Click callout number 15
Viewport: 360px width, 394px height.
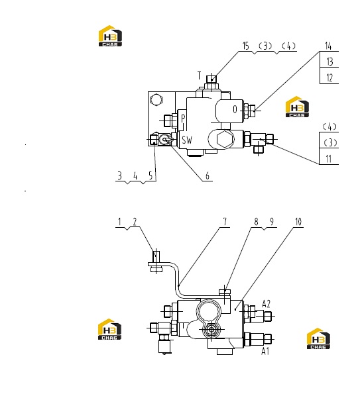pos(245,46)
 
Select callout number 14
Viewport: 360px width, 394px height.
pos(328,46)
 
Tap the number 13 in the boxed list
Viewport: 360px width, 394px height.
pos(330,62)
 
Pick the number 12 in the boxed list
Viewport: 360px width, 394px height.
pos(330,78)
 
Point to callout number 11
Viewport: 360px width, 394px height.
pos(329,159)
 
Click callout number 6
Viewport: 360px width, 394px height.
pos(208,175)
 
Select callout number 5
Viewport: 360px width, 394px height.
pos(150,175)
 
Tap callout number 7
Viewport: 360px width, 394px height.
pos(225,222)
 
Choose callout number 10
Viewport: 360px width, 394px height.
pos(298,222)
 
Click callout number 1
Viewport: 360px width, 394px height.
pos(120,222)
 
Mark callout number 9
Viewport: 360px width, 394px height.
pos(272,222)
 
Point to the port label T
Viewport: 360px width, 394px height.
pos(200,75)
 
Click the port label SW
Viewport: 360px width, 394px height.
pos(187,140)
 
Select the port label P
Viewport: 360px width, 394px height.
pos(183,118)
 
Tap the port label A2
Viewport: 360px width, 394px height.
pos(266,304)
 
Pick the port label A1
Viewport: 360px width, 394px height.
pos(265,351)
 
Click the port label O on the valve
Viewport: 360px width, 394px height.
pos(235,109)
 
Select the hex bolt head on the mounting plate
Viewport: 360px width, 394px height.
pos(156,100)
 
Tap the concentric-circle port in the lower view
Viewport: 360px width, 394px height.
pos(211,329)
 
